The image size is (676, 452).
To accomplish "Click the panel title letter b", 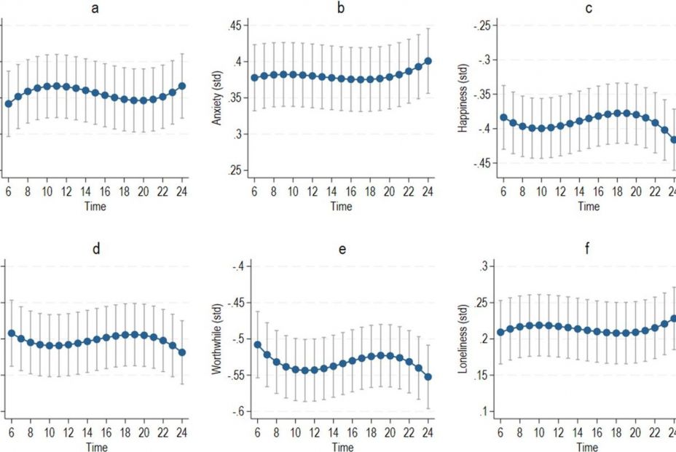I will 341,9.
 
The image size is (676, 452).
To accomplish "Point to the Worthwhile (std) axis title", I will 216,339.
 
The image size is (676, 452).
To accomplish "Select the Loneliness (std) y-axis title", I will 463,340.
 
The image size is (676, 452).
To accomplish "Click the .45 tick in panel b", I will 235,26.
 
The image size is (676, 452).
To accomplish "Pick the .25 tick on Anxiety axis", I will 235,170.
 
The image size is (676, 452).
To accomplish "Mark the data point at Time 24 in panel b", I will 428,61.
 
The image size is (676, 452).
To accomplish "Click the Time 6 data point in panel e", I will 256,344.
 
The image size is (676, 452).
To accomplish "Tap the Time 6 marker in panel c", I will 503,117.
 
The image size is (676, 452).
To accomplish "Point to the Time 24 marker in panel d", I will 181,352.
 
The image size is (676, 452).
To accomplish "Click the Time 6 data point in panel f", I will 500,333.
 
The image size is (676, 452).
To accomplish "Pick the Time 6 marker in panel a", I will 9,104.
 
